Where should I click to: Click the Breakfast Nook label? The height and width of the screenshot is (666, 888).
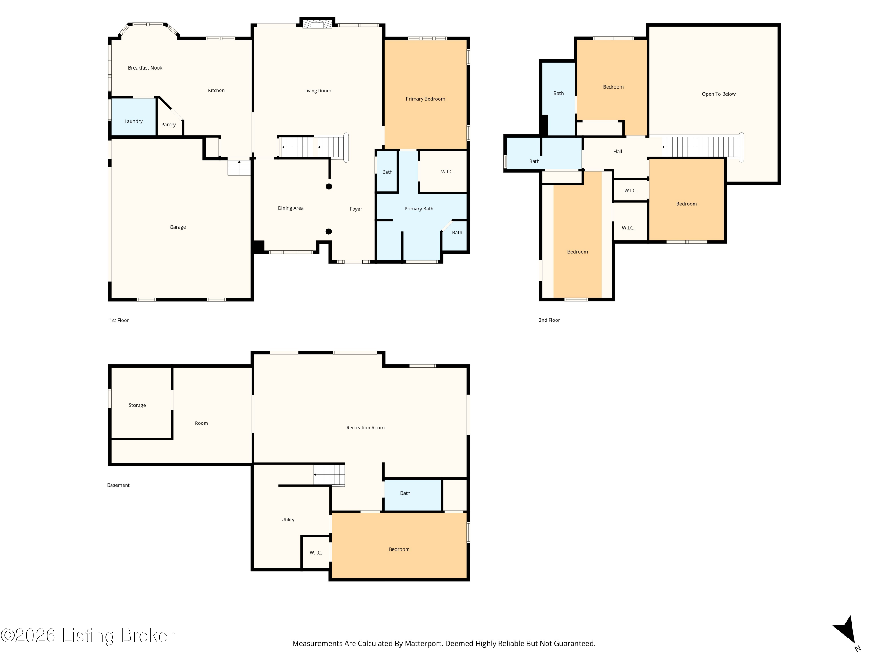point(145,68)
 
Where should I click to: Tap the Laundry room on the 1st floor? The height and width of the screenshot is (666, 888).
point(133,117)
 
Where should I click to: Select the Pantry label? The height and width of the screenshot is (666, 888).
point(169,125)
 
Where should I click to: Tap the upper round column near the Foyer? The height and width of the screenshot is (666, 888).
point(329,186)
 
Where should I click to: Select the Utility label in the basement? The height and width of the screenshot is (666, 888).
point(288,520)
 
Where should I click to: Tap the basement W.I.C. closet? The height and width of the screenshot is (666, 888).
point(316,552)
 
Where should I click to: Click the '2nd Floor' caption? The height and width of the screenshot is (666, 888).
point(549,320)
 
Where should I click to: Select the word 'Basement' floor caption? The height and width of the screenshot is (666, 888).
point(118,485)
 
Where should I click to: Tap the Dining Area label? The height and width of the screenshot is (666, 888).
point(291,208)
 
